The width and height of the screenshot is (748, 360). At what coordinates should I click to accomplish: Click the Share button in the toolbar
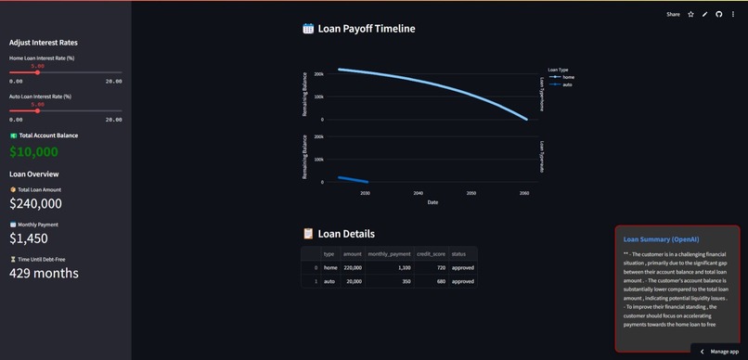(673, 14)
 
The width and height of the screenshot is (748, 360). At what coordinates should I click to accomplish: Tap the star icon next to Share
(690, 14)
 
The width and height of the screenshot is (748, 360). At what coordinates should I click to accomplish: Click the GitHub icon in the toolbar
(719, 14)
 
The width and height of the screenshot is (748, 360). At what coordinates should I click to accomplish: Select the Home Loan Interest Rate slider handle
(38, 72)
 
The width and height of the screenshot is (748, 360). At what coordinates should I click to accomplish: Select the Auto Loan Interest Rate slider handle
(38, 111)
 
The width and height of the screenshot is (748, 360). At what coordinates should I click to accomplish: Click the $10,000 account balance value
(34, 152)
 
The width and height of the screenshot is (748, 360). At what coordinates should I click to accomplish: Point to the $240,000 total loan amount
(36, 203)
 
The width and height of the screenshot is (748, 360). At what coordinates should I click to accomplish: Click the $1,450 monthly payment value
(29, 238)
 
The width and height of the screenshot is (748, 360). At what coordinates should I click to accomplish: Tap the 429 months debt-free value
(45, 273)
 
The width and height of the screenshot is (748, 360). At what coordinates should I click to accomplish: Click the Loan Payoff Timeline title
(366, 29)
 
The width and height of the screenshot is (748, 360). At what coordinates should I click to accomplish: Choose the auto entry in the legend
(567, 84)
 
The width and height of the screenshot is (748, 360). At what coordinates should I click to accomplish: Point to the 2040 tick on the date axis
(419, 193)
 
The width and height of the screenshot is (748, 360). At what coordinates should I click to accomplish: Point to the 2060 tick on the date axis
(524, 193)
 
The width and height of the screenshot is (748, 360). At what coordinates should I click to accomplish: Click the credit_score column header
(430, 253)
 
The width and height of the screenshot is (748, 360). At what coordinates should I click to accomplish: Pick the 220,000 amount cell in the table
(353, 267)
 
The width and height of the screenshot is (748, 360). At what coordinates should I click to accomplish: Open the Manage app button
(720, 352)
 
